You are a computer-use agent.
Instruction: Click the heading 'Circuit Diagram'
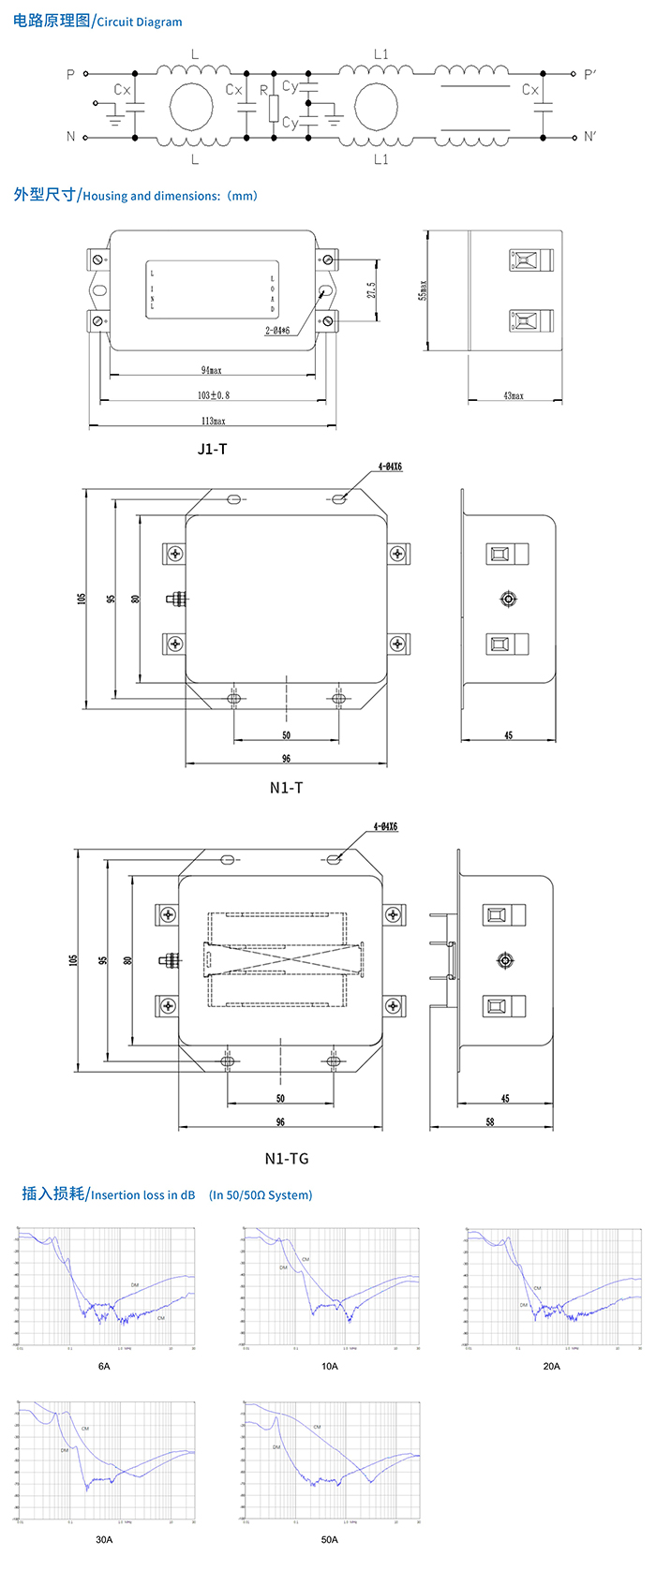point(140,22)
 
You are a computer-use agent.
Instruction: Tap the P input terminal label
point(70,74)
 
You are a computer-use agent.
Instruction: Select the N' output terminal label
point(589,137)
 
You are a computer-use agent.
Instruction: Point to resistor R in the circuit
point(274,108)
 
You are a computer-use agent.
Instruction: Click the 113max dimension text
point(213,421)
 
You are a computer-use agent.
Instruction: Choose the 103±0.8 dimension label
point(213,395)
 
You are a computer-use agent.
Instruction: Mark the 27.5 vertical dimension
point(371,290)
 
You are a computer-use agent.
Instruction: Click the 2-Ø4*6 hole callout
point(277,331)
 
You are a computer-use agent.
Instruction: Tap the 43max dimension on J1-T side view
point(514,396)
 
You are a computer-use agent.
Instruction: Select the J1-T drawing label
point(212,449)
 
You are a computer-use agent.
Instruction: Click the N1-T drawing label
point(286,788)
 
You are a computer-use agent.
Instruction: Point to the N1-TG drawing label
point(286,1159)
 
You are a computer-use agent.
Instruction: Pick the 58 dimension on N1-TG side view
point(490,1121)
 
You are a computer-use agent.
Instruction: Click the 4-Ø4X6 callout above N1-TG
point(385,827)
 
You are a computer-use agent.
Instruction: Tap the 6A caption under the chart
point(104,1366)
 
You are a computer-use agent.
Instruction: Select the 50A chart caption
point(329,1539)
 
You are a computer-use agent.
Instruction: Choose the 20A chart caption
point(551,1366)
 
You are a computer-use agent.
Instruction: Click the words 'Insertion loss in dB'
point(142,1194)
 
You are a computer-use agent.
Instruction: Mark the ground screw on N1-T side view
point(508,599)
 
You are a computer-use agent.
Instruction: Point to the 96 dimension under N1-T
point(286,759)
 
